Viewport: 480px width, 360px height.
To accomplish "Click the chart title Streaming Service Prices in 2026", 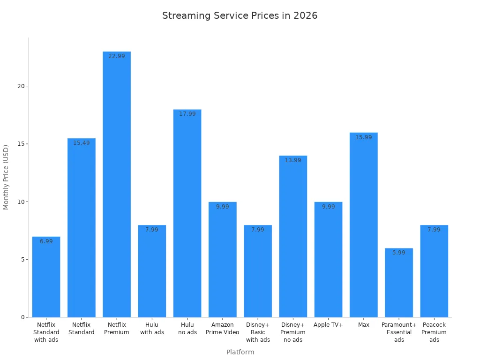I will [240, 15].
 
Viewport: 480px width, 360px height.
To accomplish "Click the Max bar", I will [363, 225].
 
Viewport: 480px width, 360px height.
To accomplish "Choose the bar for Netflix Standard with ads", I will [46, 277].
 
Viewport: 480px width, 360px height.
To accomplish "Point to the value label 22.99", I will [117, 56].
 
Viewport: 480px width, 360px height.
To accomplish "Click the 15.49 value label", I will [81, 143].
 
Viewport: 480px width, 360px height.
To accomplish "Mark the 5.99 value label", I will [399, 253].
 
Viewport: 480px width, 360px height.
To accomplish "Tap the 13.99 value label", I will [293, 160].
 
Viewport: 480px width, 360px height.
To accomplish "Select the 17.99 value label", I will [187, 114].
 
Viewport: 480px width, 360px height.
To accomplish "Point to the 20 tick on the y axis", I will [21, 86].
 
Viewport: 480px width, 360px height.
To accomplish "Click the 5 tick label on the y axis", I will [22, 260].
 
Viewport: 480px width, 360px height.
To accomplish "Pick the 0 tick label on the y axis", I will [22, 317].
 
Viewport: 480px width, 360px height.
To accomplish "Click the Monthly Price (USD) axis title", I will [6, 177].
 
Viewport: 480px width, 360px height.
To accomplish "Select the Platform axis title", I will [240, 352].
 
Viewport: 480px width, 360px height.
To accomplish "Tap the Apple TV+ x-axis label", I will [328, 325].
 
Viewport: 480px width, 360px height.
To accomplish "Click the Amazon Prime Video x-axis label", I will [223, 329].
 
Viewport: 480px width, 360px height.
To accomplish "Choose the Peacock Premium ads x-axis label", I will [434, 332].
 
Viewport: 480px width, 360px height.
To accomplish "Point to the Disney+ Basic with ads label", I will [258, 332].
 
